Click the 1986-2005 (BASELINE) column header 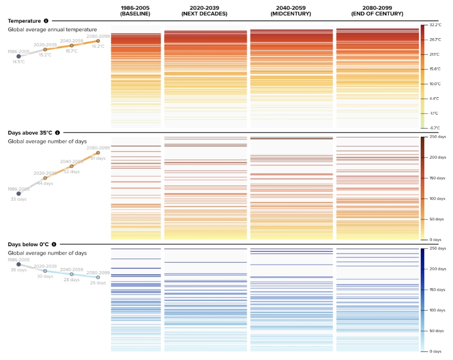tap(135, 11)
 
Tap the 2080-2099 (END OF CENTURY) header tap(377, 11)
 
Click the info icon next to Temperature tap(46, 21)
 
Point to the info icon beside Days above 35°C tap(58, 133)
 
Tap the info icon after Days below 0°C tap(54, 244)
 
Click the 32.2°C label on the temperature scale tap(435, 25)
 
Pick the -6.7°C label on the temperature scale tap(435, 128)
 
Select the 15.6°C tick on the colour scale tap(435, 69)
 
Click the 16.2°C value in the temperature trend tap(98, 47)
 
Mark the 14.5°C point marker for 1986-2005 tap(18, 56)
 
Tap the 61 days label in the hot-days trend tap(98, 159)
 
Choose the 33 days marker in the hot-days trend tap(18, 193)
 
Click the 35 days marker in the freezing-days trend tap(18, 264)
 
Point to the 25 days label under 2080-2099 tap(98, 283)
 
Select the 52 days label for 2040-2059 tap(72, 172)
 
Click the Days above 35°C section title tap(30, 133)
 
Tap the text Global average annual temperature tap(52, 30)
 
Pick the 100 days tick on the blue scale tap(436, 310)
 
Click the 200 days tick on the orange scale tap(436, 157)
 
